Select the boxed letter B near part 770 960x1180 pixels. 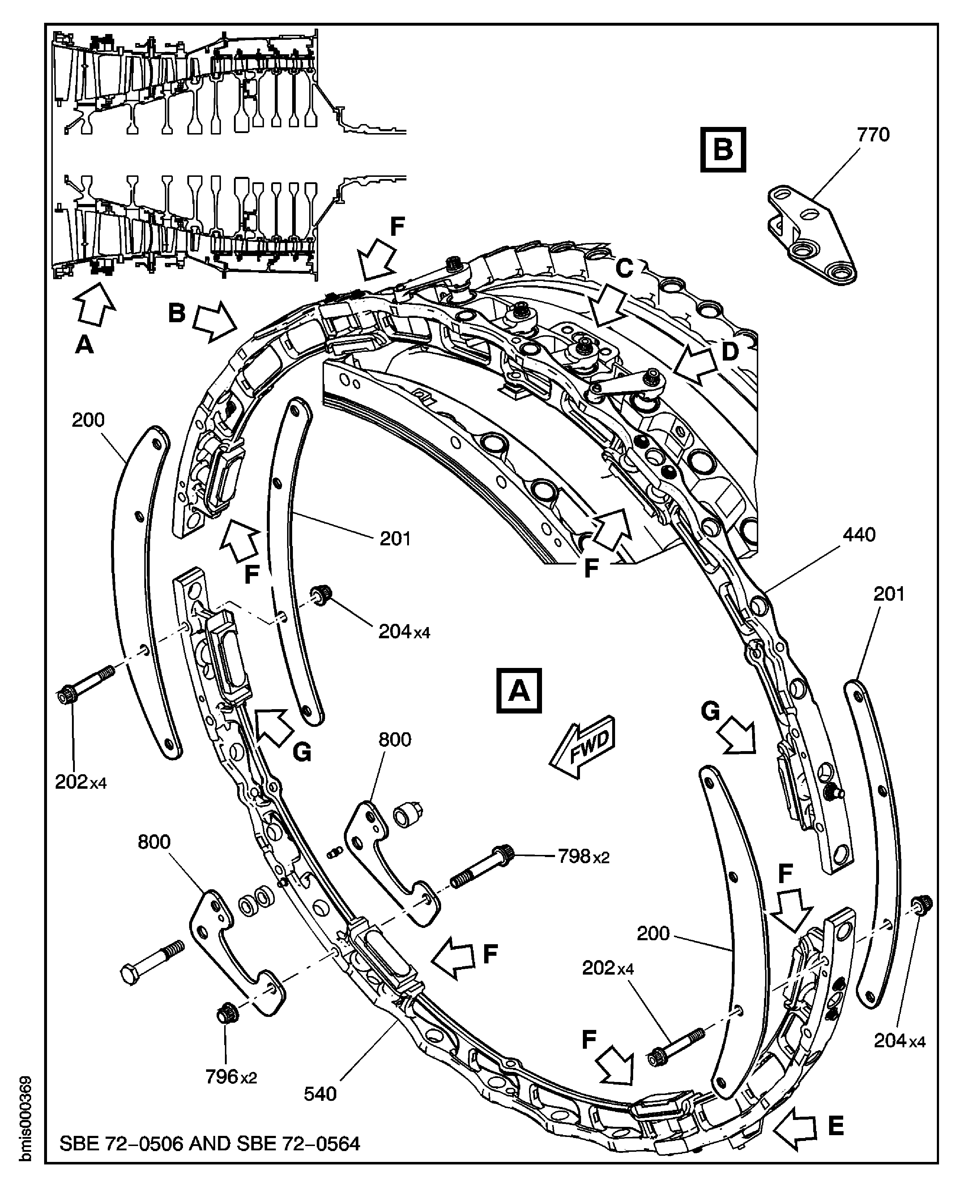[x=723, y=149]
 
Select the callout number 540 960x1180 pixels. [x=320, y=1093]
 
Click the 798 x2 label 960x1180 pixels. [x=583, y=857]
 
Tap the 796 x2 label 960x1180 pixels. [x=231, y=1076]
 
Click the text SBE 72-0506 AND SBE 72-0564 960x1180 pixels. [x=210, y=1143]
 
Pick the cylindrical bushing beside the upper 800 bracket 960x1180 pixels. [x=408, y=813]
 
